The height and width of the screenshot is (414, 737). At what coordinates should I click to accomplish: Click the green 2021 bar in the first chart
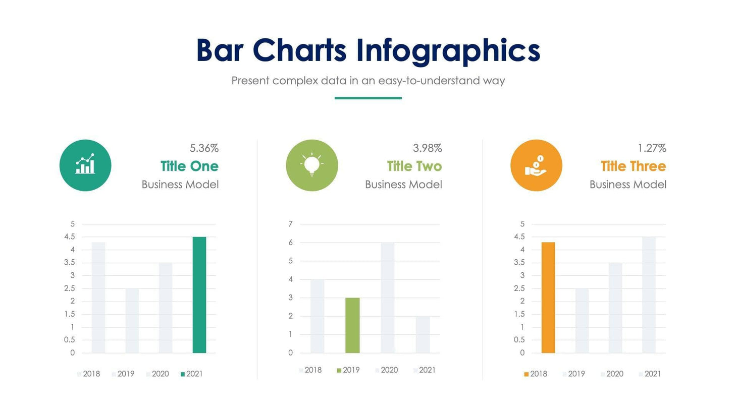click(199, 295)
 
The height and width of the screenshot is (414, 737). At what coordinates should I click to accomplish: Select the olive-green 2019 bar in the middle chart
click(352, 325)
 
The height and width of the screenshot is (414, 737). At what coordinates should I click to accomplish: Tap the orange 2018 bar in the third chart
click(548, 298)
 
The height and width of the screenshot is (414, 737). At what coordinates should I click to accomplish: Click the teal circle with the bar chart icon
click(85, 165)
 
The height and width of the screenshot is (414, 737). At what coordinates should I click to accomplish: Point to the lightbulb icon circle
click(311, 165)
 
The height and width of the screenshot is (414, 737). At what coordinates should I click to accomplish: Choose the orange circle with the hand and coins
click(536, 165)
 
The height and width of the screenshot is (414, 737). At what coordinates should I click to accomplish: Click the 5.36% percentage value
click(204, 148)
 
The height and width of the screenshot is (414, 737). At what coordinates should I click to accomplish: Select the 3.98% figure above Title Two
click(427, 148)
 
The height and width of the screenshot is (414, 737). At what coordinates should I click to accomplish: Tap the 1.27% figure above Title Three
click(652, 148)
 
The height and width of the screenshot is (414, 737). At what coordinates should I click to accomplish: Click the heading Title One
click(189, 166)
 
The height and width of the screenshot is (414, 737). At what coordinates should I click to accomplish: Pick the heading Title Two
click(414, 166)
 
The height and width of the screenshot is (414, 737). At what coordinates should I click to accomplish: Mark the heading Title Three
click(633, 166)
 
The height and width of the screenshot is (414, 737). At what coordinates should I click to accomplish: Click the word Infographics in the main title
click(448, 51)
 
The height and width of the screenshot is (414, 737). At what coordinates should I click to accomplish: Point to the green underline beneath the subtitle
click(368, 98)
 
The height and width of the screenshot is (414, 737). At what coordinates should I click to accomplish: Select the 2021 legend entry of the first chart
click(192, 374)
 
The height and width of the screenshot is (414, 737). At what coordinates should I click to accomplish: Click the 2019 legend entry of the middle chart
click(348, 370)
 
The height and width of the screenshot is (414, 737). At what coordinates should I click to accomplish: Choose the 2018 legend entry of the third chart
click(536, 374)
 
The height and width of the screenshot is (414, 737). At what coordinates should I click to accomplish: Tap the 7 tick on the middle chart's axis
click(290, 224)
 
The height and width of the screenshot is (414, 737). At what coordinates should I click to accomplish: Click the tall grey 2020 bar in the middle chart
click(388, 298)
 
